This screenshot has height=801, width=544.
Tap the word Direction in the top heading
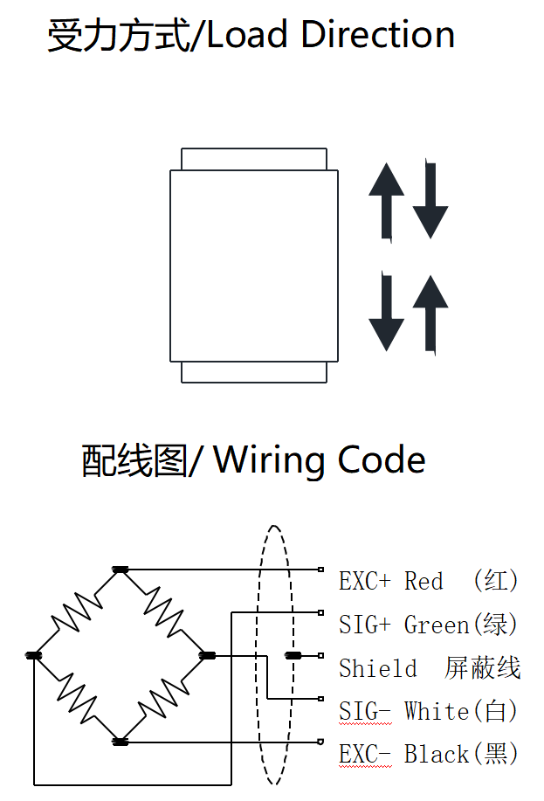point(377,35)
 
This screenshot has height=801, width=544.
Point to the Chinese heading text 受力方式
point(119,36)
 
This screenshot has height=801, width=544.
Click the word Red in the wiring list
point(423,581)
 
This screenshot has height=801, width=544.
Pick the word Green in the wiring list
point(437,625)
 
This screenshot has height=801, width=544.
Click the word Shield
point(378,668)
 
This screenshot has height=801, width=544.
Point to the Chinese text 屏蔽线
point(483,668)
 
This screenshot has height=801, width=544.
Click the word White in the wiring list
point(437,711)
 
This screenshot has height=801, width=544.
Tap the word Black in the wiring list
point(437,753)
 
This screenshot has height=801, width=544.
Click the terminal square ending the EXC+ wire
point(321,570)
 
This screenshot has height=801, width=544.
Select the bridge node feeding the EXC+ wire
point(121,570)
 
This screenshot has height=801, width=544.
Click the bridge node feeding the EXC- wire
point(121,742)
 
